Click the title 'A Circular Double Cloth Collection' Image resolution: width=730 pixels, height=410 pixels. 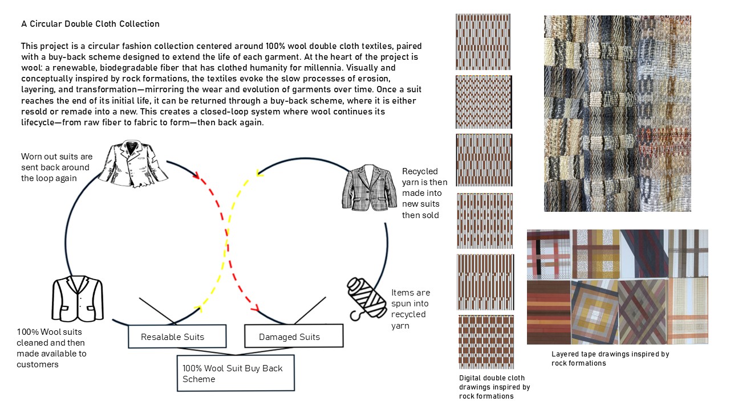point(90,24)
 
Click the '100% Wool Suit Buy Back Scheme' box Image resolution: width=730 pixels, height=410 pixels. point(236,373)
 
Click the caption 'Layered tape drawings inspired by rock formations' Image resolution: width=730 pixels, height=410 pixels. point(610,358)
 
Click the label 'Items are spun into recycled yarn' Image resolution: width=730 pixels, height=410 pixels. point(411,309)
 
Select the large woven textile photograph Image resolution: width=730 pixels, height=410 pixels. point(617,113)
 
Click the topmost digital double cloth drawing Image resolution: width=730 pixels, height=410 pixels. point(483,42)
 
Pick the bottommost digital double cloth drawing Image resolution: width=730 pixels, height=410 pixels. point(486,341)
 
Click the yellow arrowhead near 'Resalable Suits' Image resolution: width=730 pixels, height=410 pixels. point(199,308)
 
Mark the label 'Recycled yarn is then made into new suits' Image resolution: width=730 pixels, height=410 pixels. point(424,193)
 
